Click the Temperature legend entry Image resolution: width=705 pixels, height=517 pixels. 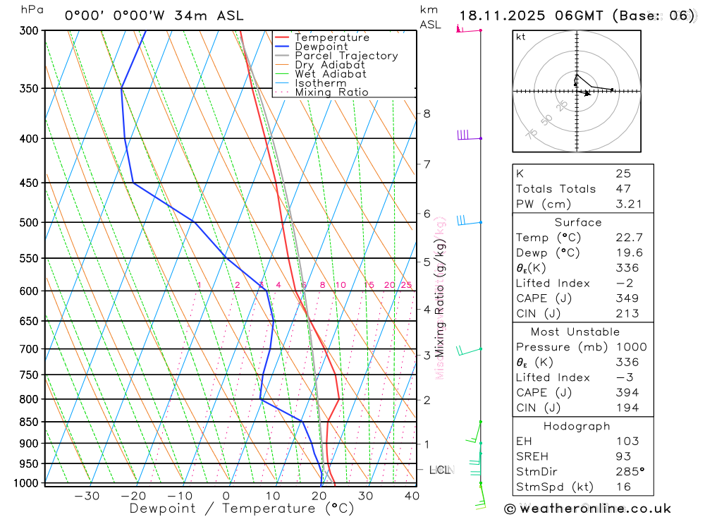331,37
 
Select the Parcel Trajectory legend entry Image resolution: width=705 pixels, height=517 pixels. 345,56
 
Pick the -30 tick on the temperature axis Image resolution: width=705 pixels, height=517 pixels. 87,496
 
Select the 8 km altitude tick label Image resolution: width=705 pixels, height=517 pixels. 427,114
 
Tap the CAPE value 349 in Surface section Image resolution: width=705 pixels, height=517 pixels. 627,298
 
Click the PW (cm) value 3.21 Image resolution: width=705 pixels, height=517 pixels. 627,204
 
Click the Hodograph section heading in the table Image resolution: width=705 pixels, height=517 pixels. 577,426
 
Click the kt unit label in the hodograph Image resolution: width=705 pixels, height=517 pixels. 521,37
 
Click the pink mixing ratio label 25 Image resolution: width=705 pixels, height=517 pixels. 406,285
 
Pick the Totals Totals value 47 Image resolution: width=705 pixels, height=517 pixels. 623,188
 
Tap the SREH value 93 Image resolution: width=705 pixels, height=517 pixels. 623,456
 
